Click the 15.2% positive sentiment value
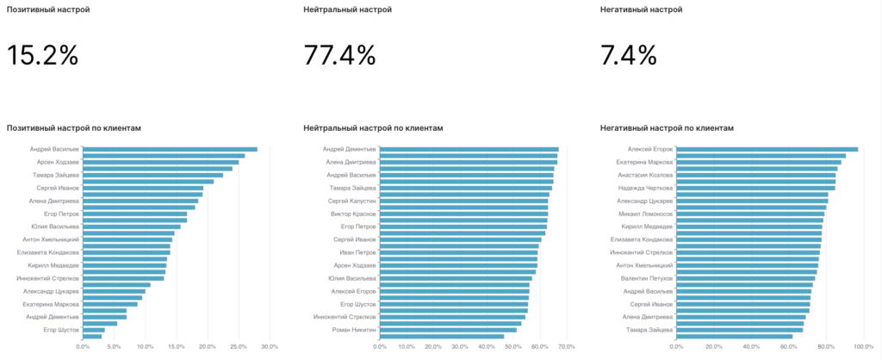point(43,56)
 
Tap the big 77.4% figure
point(339,56)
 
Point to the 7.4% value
point(629,56)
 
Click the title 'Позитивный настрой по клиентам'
point(73,127)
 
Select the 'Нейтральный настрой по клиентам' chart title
point(373,127)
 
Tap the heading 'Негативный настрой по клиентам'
point(667,127)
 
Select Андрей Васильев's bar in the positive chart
point(170,149)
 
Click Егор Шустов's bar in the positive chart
point(94,329)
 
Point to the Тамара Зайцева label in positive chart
point(57,175)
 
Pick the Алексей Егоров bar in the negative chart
point(767,149)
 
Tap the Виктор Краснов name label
point(353,214)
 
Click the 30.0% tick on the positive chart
point(269,347)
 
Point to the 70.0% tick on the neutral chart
point(566,347)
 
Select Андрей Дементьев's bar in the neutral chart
point(469,149)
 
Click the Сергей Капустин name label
point(352,201)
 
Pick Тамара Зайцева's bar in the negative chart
point(739,329)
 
